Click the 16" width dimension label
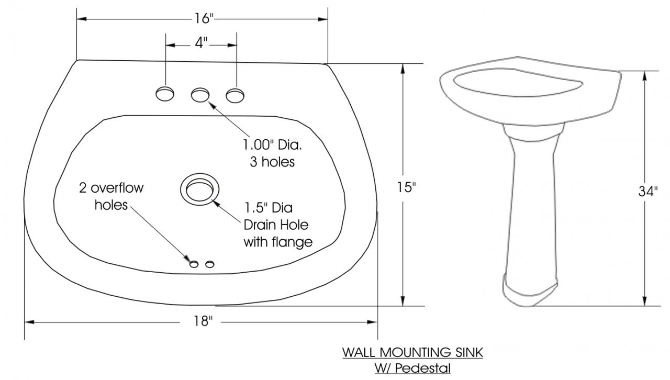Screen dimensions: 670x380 [x=204, y=18]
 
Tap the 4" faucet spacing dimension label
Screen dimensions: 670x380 [x=201, y=43]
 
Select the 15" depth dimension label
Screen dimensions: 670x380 [x=406, y=187]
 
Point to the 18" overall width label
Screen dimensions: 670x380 [x=203, y=321]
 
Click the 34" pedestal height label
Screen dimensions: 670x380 [x=648, y=192]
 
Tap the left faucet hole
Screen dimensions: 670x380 [x=165, y=94]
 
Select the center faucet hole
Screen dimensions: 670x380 [x=200, y=95]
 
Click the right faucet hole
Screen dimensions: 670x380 [x=235, y=95]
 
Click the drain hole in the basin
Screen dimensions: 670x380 [x=199, y=189]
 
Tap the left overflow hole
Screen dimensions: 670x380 [x=194, y=264]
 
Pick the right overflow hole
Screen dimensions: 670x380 [x=210, y=264]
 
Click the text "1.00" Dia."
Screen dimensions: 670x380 [x=272, y=145]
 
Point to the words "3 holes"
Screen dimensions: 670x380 [x=273, y=162]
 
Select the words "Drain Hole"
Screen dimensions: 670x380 [x=276, y=225]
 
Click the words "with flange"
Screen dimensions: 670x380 [x=278, y=242]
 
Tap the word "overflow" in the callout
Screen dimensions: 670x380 [x=117, y=188]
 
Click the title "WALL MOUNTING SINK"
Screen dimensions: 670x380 [x=412, y=352]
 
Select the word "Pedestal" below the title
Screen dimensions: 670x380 [x=422, y=368]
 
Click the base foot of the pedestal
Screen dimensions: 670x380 [x=530, y=291]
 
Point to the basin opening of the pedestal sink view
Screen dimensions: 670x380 [x=518, y=83]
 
